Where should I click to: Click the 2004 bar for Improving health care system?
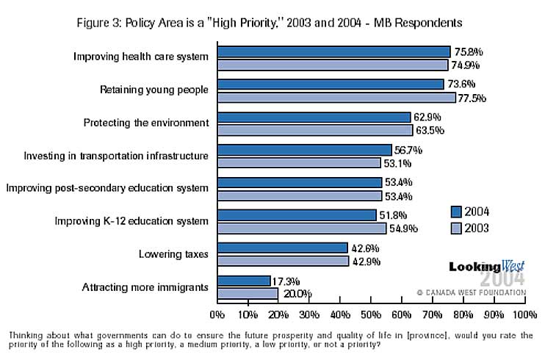pyautogui.click(x=333, y=51)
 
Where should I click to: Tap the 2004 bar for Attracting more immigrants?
pyautogui.click(x=244, y=281)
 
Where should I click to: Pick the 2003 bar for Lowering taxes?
pyautogui.click(x=283, y=261)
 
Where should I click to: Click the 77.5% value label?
pyautogui.click(x=472, y=98)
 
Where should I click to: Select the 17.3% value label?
pyautogui.click(x=287, y=281)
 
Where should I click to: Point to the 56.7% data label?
pyautogui.click(x=408, y=150)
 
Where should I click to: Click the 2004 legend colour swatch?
pyautogui.click(x=458, y=212)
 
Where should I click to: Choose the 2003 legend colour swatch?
pyautogui.click(x=458, y=228)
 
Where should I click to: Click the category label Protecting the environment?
pyautogui.click(x=146, y=123)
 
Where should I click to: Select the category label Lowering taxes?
pyautogui.click(x=173, y=254)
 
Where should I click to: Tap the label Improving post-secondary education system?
pyautogui.click(x=107, y=188)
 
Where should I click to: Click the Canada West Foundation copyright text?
pyautogui.click(x=471, y=292)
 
